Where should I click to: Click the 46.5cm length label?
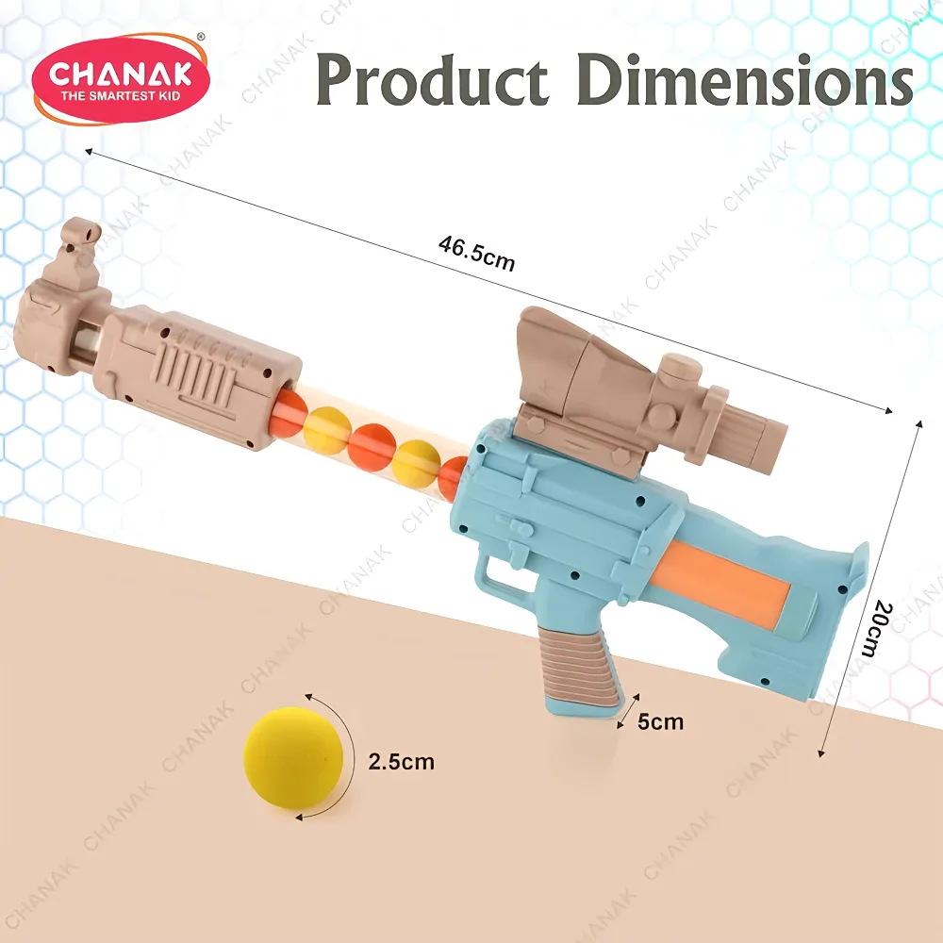pyautogui.click(x=476, y=253)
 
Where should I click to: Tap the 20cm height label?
pyautogui.click(x=877, y=627)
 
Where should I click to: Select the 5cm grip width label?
pyautogui.click(x=660, y=721)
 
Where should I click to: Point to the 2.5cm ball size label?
pyautogui.click(x=401, y=761)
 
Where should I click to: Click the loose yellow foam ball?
pyautogui.click(x=293, y=757)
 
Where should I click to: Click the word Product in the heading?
pyautogui.click(x=432, y=79)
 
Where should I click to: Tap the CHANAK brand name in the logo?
pyautogui.click(x=121, y=74)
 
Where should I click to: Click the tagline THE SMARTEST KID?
pyautogui.click(x=121, y=95)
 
